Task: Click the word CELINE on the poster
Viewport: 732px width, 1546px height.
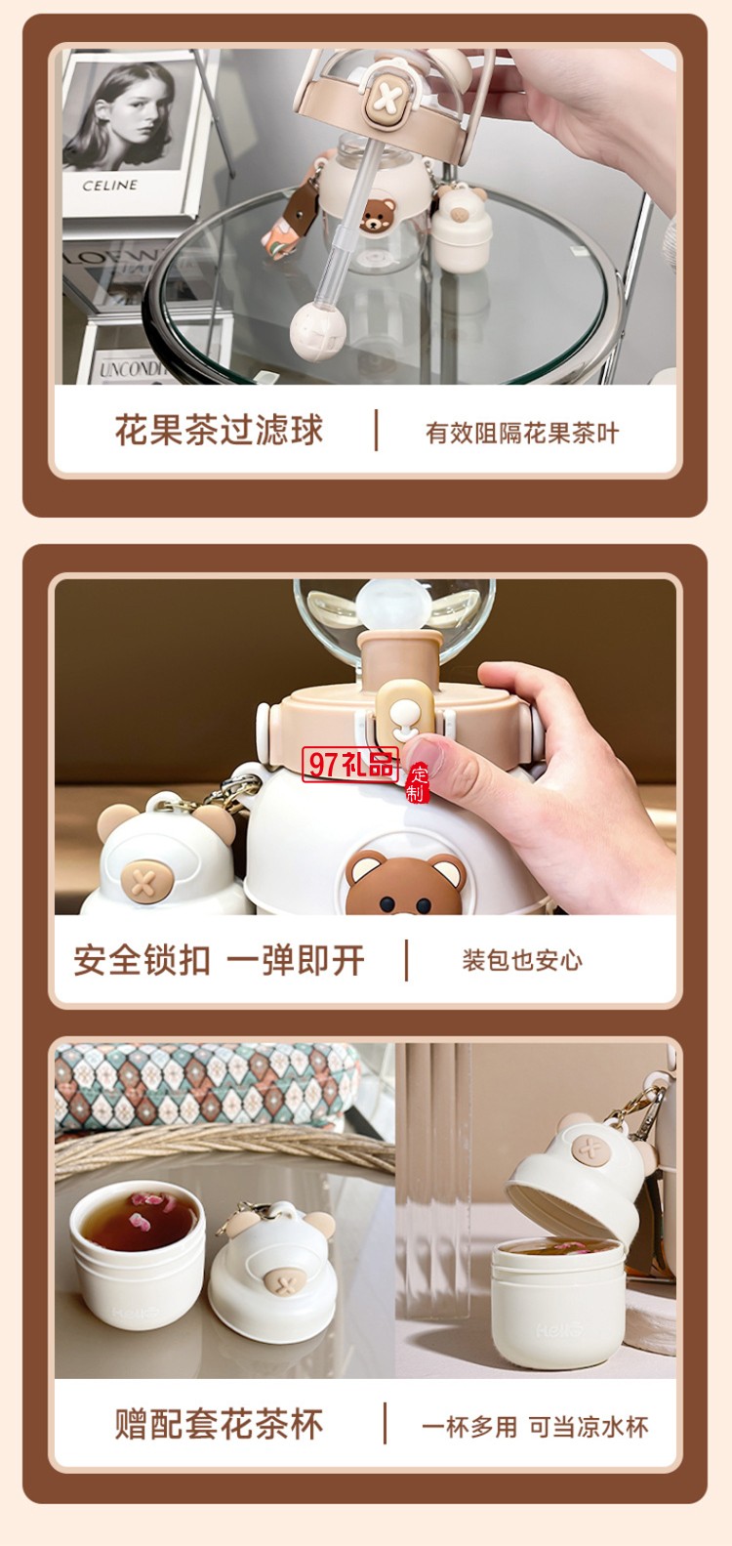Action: point(109,185)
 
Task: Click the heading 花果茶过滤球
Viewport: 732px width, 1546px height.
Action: point(219,430)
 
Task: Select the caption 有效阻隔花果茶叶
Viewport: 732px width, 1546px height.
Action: point(522,433)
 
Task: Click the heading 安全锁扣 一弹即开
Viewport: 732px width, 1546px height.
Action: point(220,960)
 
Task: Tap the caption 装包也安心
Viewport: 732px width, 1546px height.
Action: point(522,960)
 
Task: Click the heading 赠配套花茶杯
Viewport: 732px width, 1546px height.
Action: point(219,1424)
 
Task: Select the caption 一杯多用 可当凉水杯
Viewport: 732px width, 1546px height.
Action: point(535,1427)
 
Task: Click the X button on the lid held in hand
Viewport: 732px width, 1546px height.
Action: point(386,104)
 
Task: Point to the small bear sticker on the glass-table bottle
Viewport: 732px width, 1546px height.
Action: point(378,216)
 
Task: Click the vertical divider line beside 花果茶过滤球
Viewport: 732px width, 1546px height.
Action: point(376,431)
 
